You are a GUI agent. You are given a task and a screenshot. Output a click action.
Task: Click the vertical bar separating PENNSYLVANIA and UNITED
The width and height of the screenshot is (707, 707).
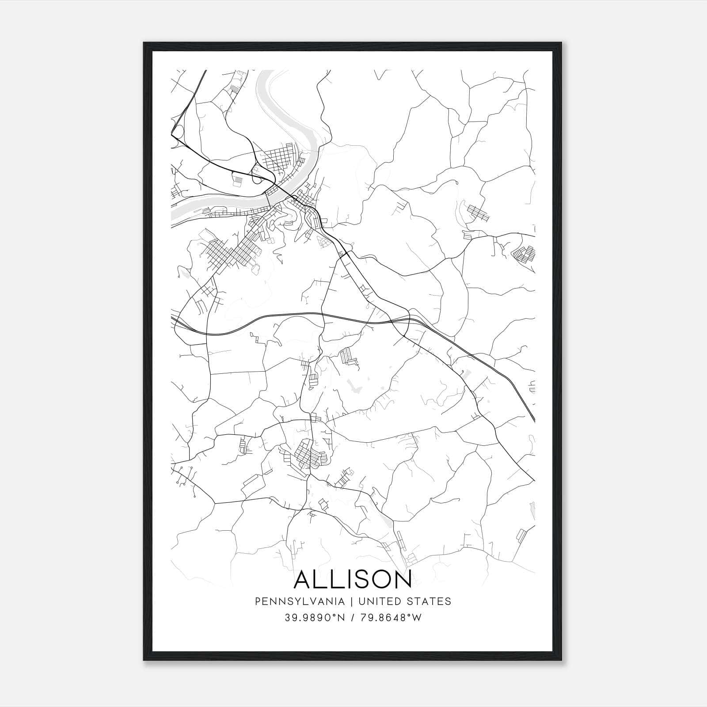352,601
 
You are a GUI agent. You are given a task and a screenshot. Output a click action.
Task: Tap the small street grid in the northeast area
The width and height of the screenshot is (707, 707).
478,213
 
